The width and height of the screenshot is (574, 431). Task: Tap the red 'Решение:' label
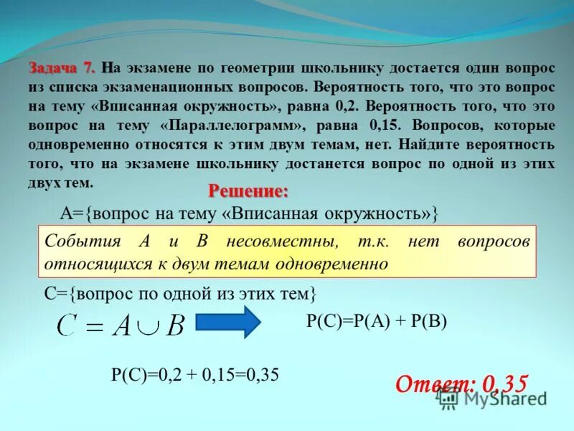[248, 192]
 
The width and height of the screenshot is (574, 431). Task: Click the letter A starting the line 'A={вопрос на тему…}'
[65, 213]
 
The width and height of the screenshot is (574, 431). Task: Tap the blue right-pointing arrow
[228, 322]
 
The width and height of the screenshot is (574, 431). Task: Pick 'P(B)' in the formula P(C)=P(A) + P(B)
[429, 321]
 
